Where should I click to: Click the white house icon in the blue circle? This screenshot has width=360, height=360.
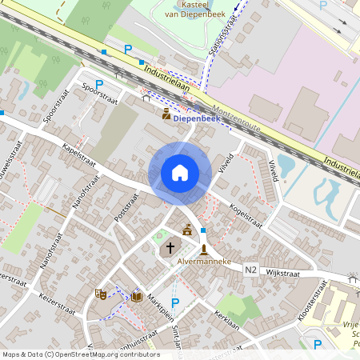coord(180,173)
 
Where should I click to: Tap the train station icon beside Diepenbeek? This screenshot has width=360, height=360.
coord(166,114)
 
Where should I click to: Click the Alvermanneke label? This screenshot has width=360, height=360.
coord(205,262)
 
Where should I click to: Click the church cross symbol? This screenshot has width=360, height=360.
coord(170,250)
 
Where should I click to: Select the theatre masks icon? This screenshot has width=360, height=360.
coord(101,294)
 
